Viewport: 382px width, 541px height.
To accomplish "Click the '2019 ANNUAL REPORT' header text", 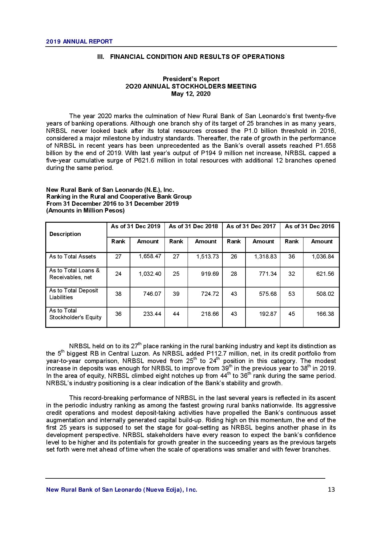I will coord(79,41).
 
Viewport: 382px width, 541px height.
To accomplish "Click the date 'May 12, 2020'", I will coord(191,94).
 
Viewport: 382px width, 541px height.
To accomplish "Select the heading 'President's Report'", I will coord(191,79).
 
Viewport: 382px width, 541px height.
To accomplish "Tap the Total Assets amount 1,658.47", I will coord(150,256).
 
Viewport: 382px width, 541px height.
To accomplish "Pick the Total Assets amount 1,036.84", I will coord(323,257).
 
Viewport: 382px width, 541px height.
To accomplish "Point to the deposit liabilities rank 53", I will coord(291,294).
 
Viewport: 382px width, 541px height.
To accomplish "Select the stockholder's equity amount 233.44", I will coord(152,314).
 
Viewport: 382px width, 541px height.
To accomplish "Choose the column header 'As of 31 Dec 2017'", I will coord(251,226).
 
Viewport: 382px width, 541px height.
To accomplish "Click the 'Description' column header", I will coord(65,234).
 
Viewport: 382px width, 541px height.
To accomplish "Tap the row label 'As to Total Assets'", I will coord(72,257).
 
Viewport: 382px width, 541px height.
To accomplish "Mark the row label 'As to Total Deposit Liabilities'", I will coord(73,294).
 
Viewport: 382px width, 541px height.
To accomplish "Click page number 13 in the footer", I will coord(331,489).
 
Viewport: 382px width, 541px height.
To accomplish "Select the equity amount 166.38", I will coord(325,314).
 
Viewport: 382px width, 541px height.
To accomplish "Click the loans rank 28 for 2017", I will coord(234,274).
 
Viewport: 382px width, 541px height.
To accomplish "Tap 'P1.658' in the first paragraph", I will coord(326,146).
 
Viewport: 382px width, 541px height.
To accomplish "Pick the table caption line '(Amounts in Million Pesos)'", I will coord(85,211).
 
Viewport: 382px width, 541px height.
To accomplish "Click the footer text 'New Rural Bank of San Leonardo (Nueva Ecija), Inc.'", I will coord(122,490).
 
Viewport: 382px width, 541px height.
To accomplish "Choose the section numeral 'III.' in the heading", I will coord(101,57).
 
